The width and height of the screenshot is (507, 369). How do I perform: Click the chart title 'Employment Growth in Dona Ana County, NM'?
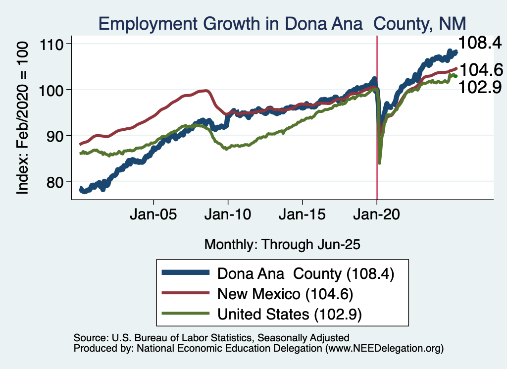[x=282, y=24]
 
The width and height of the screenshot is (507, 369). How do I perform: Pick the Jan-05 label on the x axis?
[x=153, y=216]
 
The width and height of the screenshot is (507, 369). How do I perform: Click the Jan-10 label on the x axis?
[x=228, y=216]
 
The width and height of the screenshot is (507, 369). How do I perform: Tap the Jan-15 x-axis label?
[x=303, y=216]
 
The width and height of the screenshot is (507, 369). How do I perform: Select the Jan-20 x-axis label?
[x=377, y=216]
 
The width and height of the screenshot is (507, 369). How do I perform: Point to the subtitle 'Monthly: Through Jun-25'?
[x=282, y=244]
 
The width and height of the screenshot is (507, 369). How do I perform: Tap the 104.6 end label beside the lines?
[x=480, y=70]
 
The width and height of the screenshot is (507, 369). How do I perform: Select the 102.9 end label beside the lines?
[x=480, y=87]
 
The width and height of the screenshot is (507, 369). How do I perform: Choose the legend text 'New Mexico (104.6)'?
[x=285, y=294]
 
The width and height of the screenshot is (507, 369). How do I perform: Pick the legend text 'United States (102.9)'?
[x=290, y=314]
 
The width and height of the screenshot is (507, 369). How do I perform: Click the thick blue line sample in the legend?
[x=186, y=273]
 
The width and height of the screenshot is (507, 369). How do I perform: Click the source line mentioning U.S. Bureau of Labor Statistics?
[x=211, y=338]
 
